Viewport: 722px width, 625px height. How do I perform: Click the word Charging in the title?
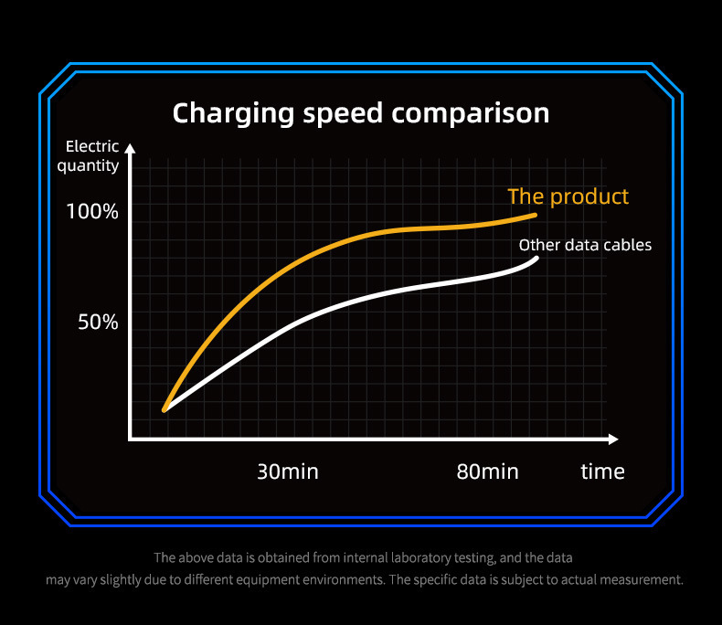point(233,114)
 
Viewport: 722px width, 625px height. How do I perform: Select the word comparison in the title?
point(471,114)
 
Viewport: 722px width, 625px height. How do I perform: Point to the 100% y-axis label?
point(92,212)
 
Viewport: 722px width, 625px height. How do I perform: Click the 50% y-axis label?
point(98,323)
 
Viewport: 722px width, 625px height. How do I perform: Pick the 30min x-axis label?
point(288,471)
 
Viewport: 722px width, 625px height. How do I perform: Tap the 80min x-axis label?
point(488,471)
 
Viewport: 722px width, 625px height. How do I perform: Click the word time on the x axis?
point(603,471)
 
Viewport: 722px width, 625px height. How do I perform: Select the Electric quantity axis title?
point(89,156)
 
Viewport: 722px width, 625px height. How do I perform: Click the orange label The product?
point(568,196)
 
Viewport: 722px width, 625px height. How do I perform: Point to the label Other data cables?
point(585,245)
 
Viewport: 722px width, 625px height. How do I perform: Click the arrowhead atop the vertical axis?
point(130,147)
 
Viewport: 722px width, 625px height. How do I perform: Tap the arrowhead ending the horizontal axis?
point(614,440)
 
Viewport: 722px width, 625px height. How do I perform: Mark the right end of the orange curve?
point(536,216)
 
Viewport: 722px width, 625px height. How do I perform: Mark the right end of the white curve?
point(536,258)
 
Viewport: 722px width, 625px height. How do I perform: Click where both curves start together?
point(165,410)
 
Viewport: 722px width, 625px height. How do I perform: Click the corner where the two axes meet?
point(131,440)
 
